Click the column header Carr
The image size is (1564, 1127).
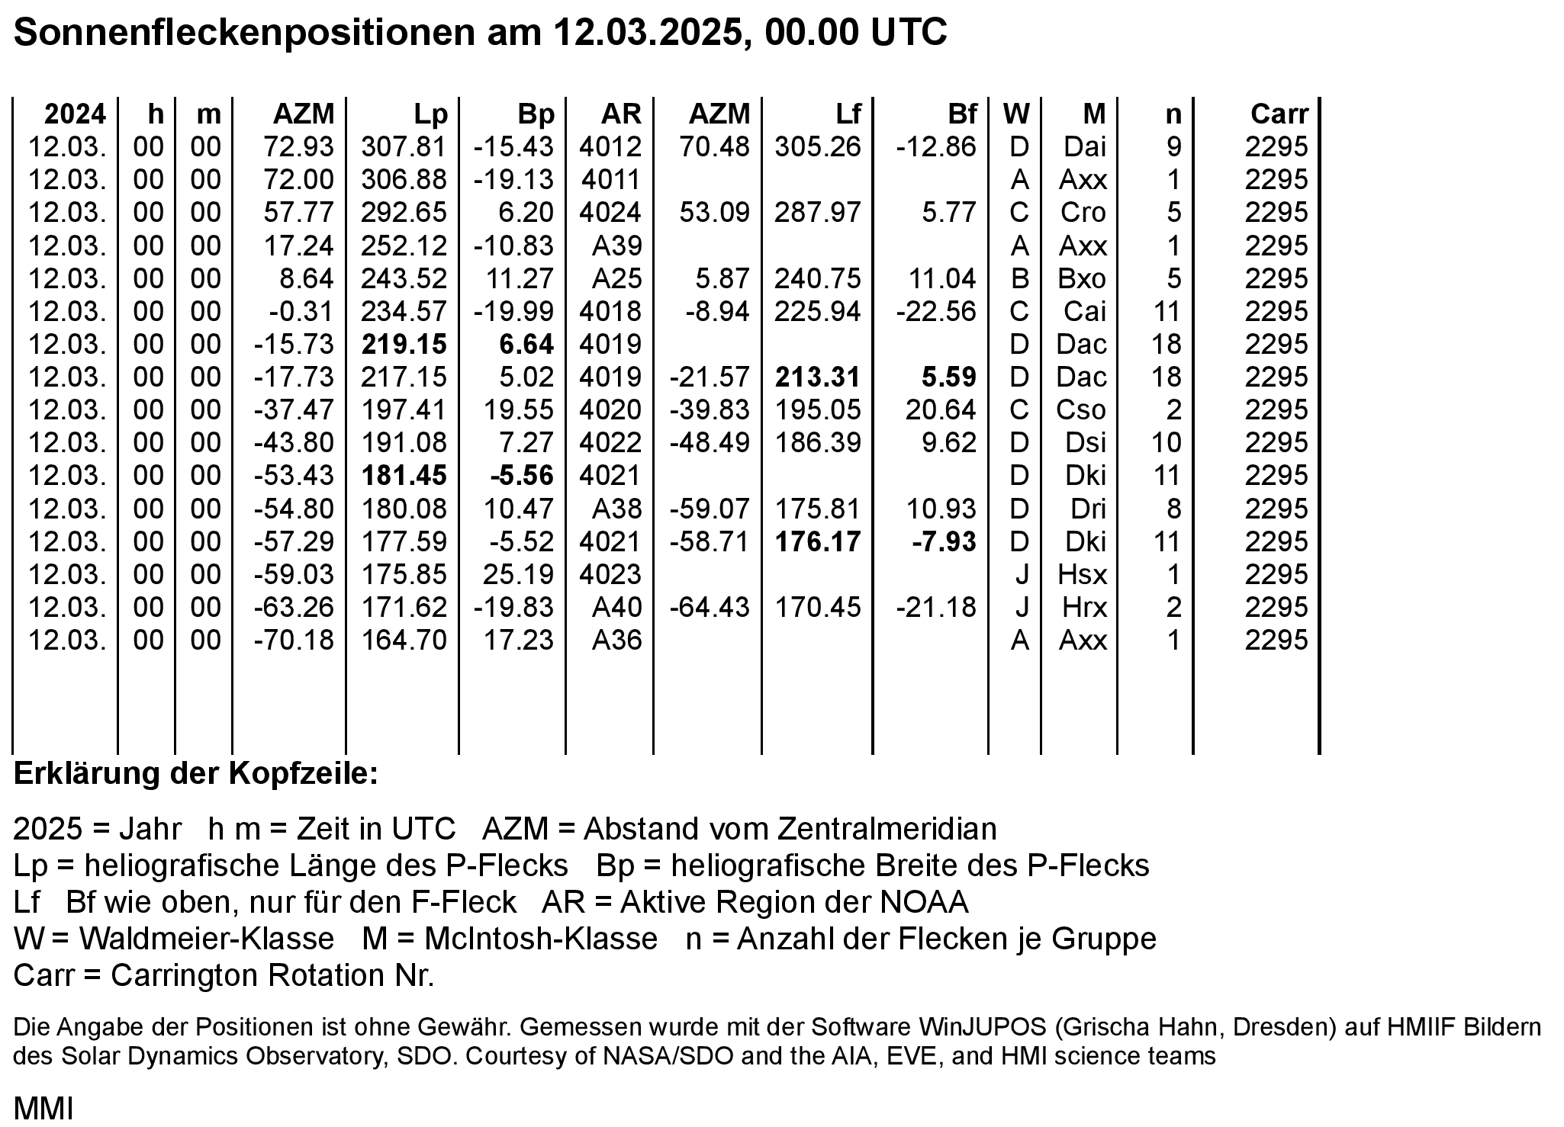click(x=1279, y=114)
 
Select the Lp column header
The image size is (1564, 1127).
click(x=430, y=114)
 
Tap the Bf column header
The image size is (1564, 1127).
click(x=962, y=114)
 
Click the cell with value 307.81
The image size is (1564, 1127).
click(x=404, y=146)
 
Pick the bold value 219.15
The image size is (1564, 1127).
click(x=404, y=344)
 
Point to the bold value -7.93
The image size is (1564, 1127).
click(x=944, y=541)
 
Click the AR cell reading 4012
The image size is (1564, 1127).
click(x=610, y=146)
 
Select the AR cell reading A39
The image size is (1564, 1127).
click(x=617, y=246)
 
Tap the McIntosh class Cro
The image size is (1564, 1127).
click(x=1083, y=212)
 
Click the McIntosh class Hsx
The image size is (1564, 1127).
click(x=1083, y=574)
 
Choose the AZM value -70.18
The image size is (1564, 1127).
click(x=294, y=640)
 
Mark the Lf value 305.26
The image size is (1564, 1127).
click(x=818, y=146)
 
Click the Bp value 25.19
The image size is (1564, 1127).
click(x=519, y=574)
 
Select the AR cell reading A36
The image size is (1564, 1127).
click(x=617, y=640)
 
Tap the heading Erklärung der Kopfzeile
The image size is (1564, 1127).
click(x=196, y=774)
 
